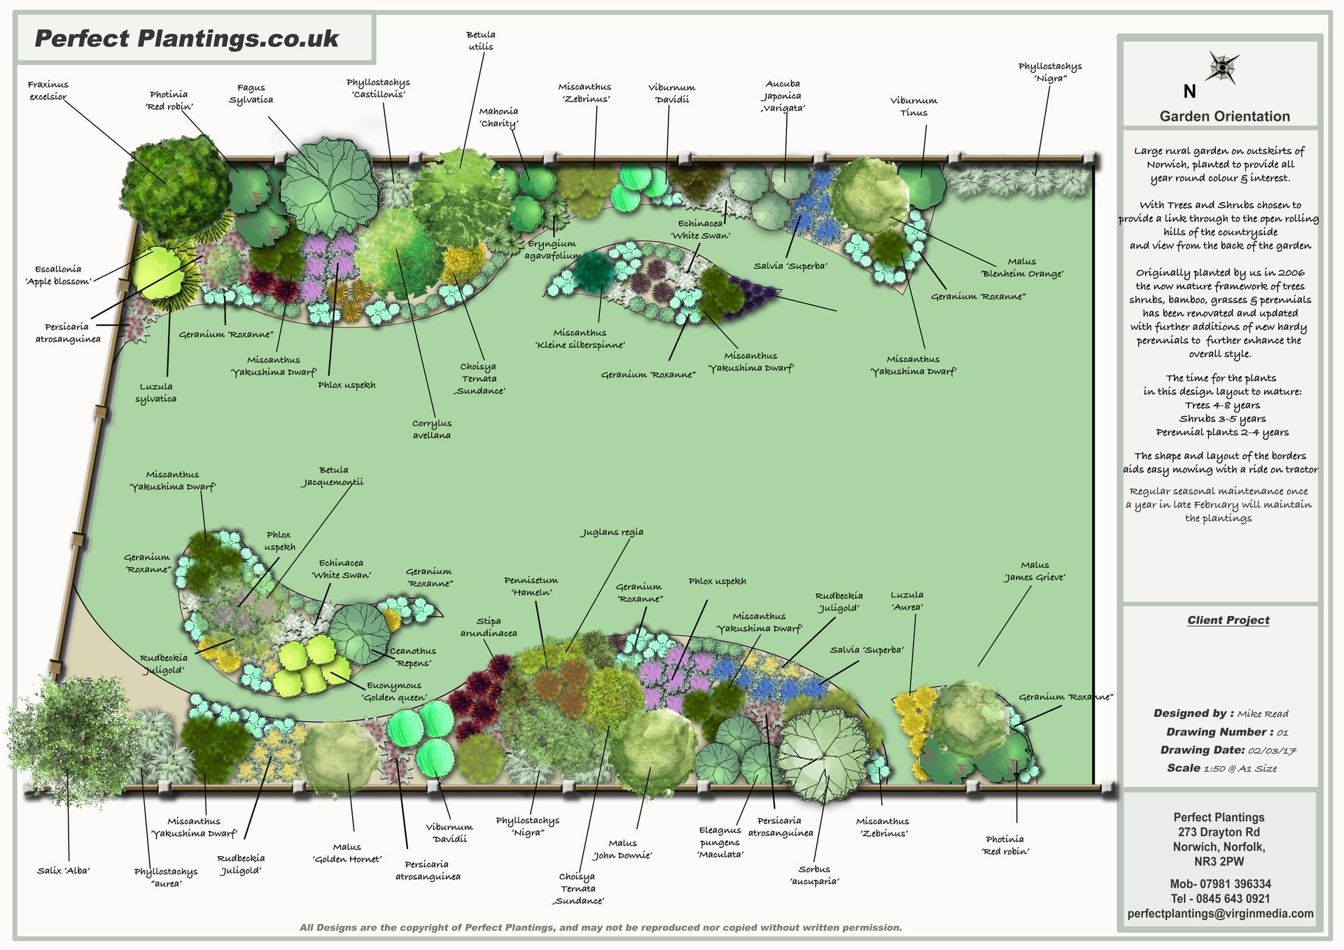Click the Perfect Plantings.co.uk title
click(x=187, y=38)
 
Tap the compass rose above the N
click(x=1223, y=67)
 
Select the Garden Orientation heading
click(x=1224, y=116)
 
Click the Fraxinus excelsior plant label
click(x=48, y=91)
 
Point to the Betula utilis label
click(x=480, y=41)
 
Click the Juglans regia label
click(x=612, y=532)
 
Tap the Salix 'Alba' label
click(x=64, y=871)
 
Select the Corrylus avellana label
click(x=432, y=429)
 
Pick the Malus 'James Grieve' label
click(x=1035, y=571)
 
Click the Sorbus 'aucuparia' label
click(x=814, y=875)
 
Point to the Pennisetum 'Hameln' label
click(x=531, y=587)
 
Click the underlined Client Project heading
click(x=1228, y=620)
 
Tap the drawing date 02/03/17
click(x=1272, y=750)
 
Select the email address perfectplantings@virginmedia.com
click(x=1220, y=914)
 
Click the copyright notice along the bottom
click(x=601, y=928)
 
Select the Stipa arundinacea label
click(x=489, y=627)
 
